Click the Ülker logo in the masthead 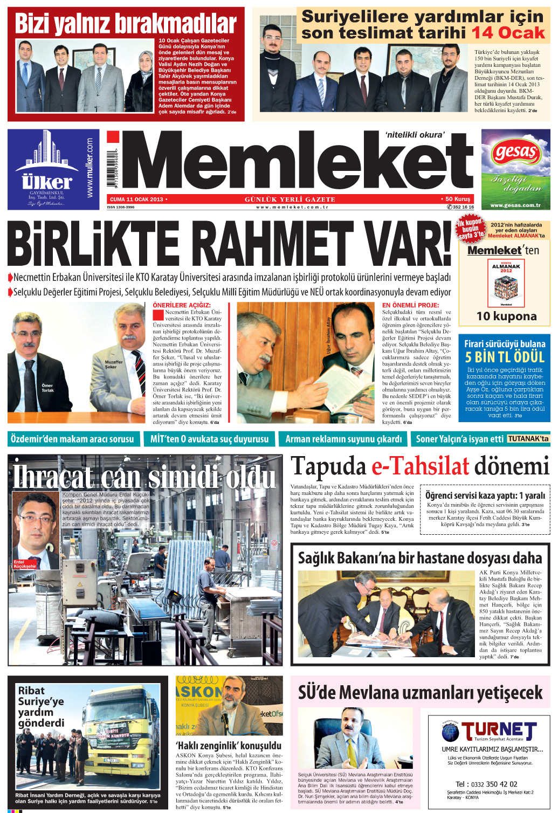point(47,181)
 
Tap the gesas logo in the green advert point(515,153)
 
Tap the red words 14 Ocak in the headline point(508,33)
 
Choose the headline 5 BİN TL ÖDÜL point(505,357)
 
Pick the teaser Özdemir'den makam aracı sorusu point(72,439)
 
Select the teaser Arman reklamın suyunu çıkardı point(343,439)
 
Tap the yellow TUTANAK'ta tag point(528,439)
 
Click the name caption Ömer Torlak point(47,388)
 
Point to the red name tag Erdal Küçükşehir point(25,564)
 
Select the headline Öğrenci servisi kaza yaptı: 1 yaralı point(485,495)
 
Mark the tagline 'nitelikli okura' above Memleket point(415,135)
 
